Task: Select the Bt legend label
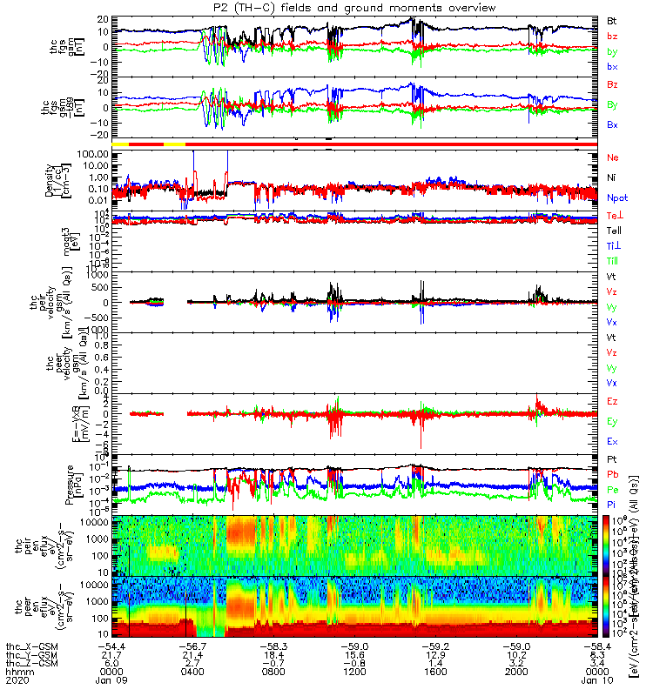(x=613, y=18)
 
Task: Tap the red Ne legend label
(x=613, y=157)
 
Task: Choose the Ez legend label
(x=613, y=402)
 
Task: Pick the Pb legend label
(x=613, y=474)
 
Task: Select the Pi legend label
(x=613, y=503)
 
